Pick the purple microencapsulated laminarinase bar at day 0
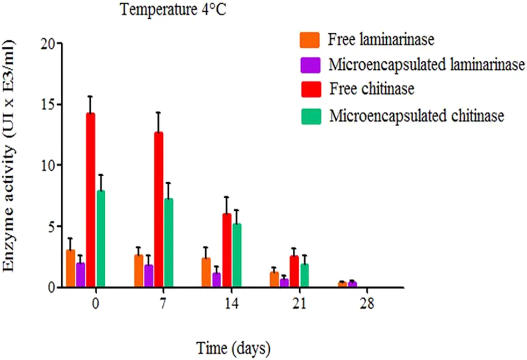tap(81, 275)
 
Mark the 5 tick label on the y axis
tap(50, 226)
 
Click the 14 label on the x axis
tap(231, 304)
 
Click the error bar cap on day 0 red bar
tap(90, 97)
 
